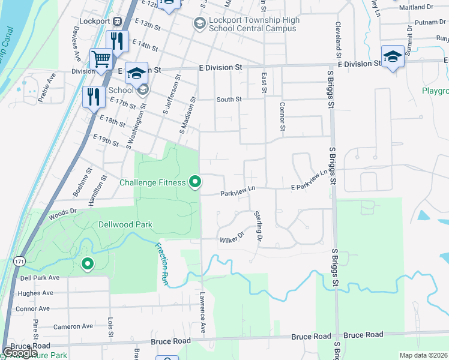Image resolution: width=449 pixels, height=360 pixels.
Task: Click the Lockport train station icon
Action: (x=118, y=21)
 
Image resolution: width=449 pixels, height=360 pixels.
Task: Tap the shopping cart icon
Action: (x=100, y=59)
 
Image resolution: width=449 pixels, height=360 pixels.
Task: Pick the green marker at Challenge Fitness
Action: (x=194, y=181)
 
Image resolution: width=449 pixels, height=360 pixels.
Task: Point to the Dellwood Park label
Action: (x=125, y=225)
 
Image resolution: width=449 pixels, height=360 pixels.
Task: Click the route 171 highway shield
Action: (x=20, y=262)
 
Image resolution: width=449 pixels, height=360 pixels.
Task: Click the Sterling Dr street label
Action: (x=259, y=226)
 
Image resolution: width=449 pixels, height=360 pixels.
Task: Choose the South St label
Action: (x=229, y=100)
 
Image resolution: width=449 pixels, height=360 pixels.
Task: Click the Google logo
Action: (x=20, y=353)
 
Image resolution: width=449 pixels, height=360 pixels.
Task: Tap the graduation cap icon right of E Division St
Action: (x=393, y=57)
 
